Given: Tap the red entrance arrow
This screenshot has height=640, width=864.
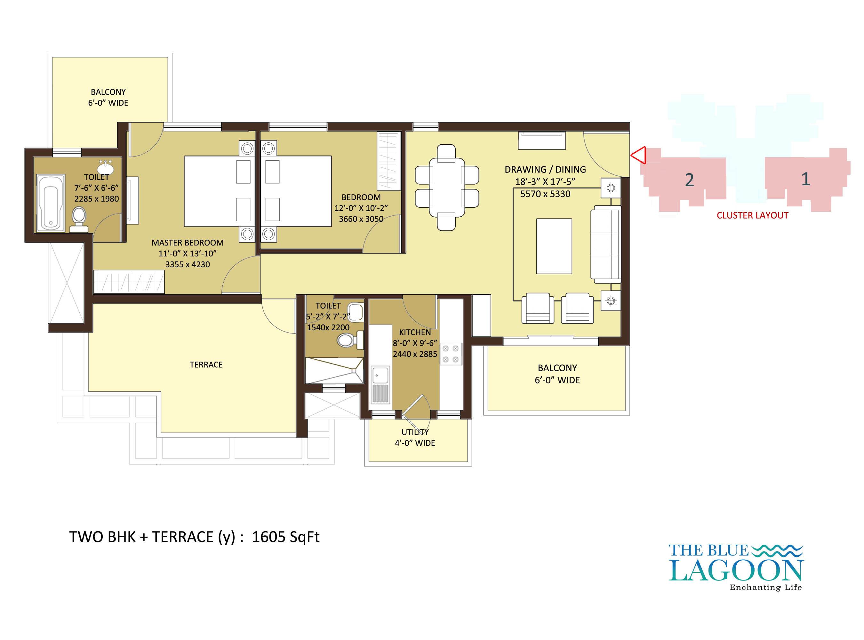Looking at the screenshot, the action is pyautogui.click(x=638, y=155).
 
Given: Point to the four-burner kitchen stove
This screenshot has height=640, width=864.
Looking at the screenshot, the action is pyautogui.click(x=451, y=354).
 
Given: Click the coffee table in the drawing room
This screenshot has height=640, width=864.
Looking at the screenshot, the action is pyautogui.click(x=554, y=246).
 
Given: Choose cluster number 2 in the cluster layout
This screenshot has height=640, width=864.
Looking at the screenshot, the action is pyautogui.click(x=689, y=180).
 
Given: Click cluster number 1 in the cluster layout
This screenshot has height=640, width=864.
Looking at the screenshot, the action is pyautogui.click(x=805, y=179).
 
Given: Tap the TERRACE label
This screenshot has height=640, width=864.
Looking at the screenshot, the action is pyautogui.click(x=206, y=364).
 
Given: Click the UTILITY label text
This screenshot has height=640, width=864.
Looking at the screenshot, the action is pyautogui.click(x=415, y=432).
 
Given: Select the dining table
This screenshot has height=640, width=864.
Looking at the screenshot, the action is pyautogui.click(x=447, y=188).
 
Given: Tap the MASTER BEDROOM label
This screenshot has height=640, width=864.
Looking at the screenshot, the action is pyautogui.click(x=188, y=243).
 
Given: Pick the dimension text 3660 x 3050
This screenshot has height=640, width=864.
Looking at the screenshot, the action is pyautogui.click(x=361, y=219).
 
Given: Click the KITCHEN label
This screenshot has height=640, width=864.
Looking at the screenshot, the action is pyautogui.click(x=415, y=332).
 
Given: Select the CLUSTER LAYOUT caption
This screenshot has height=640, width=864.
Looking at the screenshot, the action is pyautogui.click(x=752, y=215).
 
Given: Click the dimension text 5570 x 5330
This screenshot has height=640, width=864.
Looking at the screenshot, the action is pyautogui.click(x=545, y=194).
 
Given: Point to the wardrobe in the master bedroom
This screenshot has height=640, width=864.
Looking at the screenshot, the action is pyautogui.click(x=129, y=282).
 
